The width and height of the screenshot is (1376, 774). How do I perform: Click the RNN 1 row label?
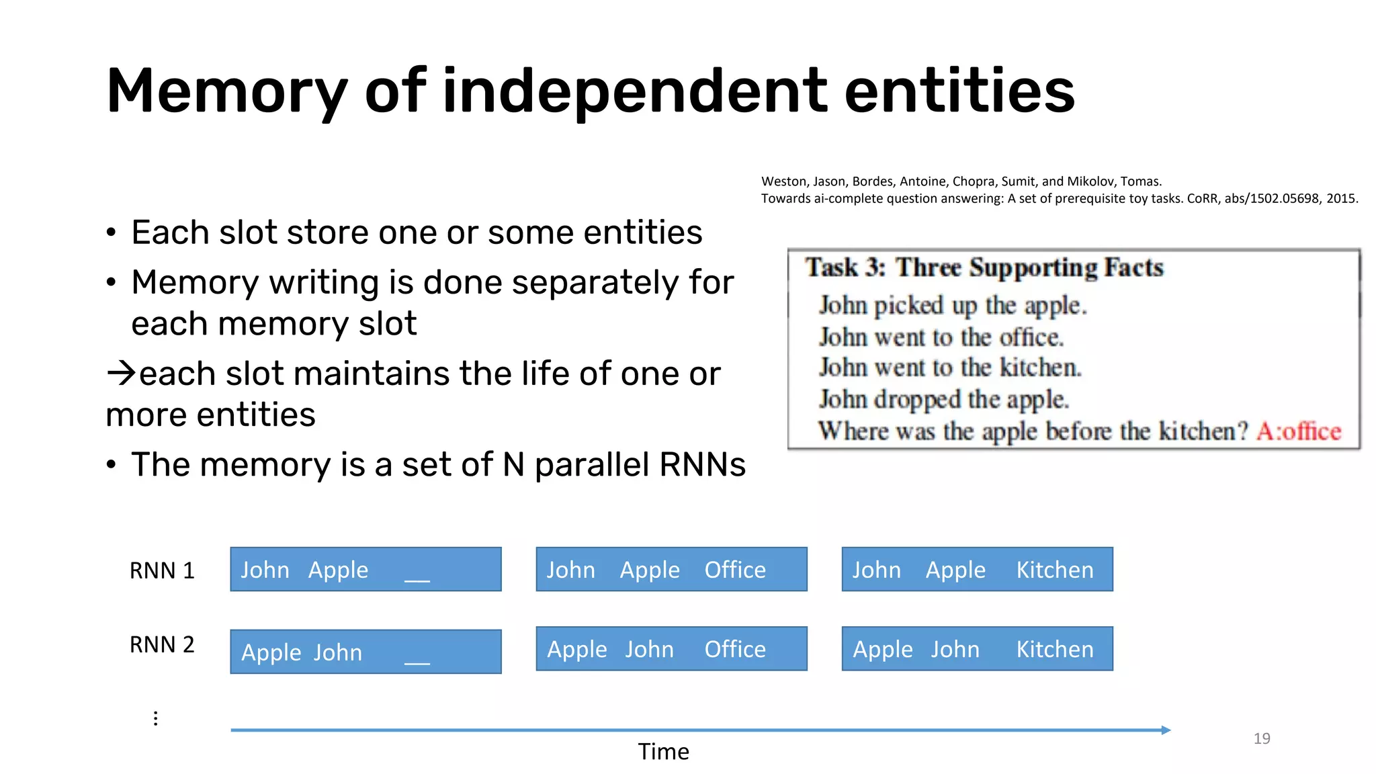[x=162, y=570]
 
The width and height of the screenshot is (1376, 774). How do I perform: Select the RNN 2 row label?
[x=162, y=644]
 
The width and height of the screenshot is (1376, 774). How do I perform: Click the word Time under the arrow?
[x=663, y=751]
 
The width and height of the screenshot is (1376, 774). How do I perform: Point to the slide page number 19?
[x=1261, y=738]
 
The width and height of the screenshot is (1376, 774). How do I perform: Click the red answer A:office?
[x=1298, y=431]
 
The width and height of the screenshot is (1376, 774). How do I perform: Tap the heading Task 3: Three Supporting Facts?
[x=984, y=267]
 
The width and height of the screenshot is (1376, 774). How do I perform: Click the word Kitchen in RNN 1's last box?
[x=1054, y=570]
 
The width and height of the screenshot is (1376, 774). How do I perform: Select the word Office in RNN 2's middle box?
[x=734, y=649]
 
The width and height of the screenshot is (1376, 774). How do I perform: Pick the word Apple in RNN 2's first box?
[x=271, y=652]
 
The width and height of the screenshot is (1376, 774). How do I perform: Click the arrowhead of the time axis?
[x=1166, y=730]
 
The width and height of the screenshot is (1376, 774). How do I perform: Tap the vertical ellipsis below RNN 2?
[x=155, y=718]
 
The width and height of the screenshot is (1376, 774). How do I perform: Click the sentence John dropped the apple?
[x=943, y=399]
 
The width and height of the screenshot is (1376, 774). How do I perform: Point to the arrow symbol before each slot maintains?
[x=122, y=373]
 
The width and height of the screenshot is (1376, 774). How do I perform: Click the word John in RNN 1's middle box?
[x=570, y=570]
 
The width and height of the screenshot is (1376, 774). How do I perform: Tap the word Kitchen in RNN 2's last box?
[x=1054, y=649]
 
